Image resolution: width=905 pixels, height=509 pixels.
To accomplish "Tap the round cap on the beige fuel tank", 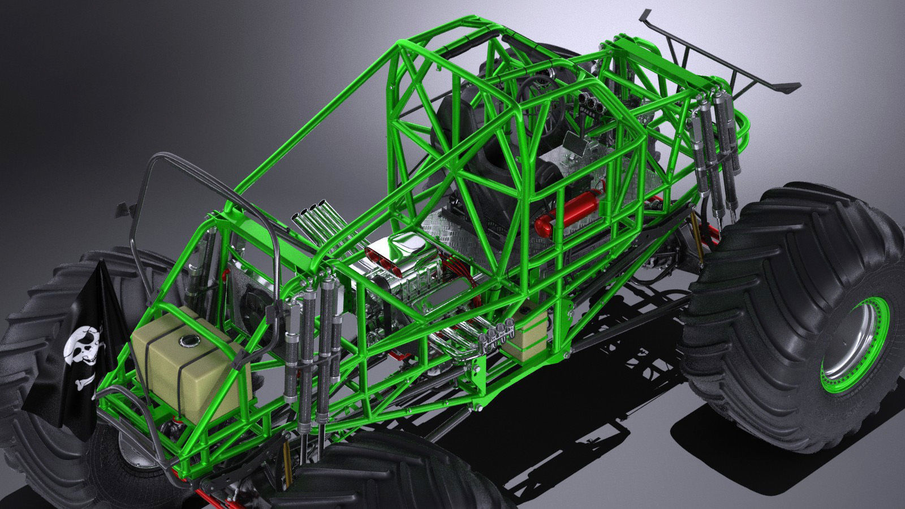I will coord(185,341).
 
